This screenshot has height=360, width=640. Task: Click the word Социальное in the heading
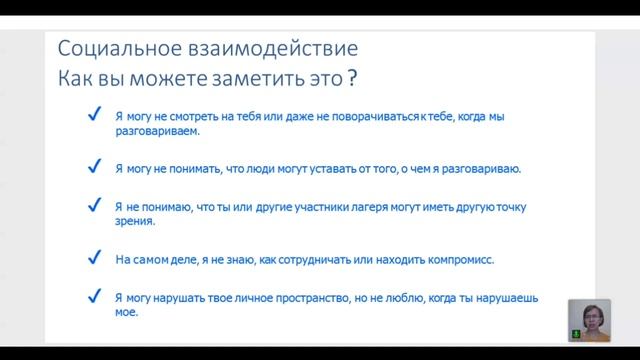(105, 50)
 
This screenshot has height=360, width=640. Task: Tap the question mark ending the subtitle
(351, 79)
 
